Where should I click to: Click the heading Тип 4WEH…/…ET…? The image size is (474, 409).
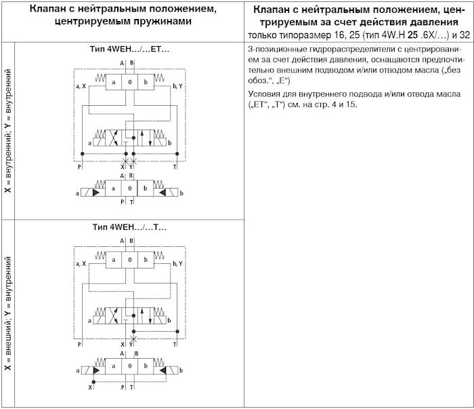point(129,50)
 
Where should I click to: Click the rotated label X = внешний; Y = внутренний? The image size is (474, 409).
point(8,313)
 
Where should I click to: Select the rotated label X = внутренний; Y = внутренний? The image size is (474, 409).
point(8,131)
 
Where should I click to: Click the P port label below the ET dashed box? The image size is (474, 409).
point(80,165)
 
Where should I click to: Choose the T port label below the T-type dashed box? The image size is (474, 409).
point(175,345)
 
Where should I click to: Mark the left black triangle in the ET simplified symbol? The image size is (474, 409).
point(97,193)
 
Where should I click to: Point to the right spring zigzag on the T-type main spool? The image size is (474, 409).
point(160,257)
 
